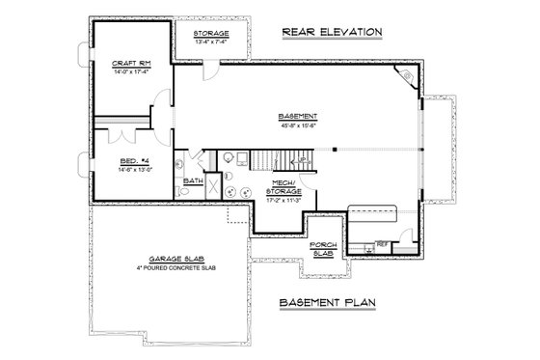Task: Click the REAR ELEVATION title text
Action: (333, 32)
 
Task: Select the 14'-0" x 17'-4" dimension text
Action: (128, 70)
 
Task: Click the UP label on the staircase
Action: (303, 159)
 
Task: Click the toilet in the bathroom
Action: (185, 192)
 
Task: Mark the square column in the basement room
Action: (334, 150)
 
